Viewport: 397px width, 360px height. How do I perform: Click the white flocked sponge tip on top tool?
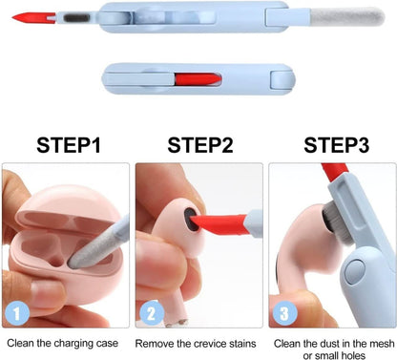click(x=354, y=17)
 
